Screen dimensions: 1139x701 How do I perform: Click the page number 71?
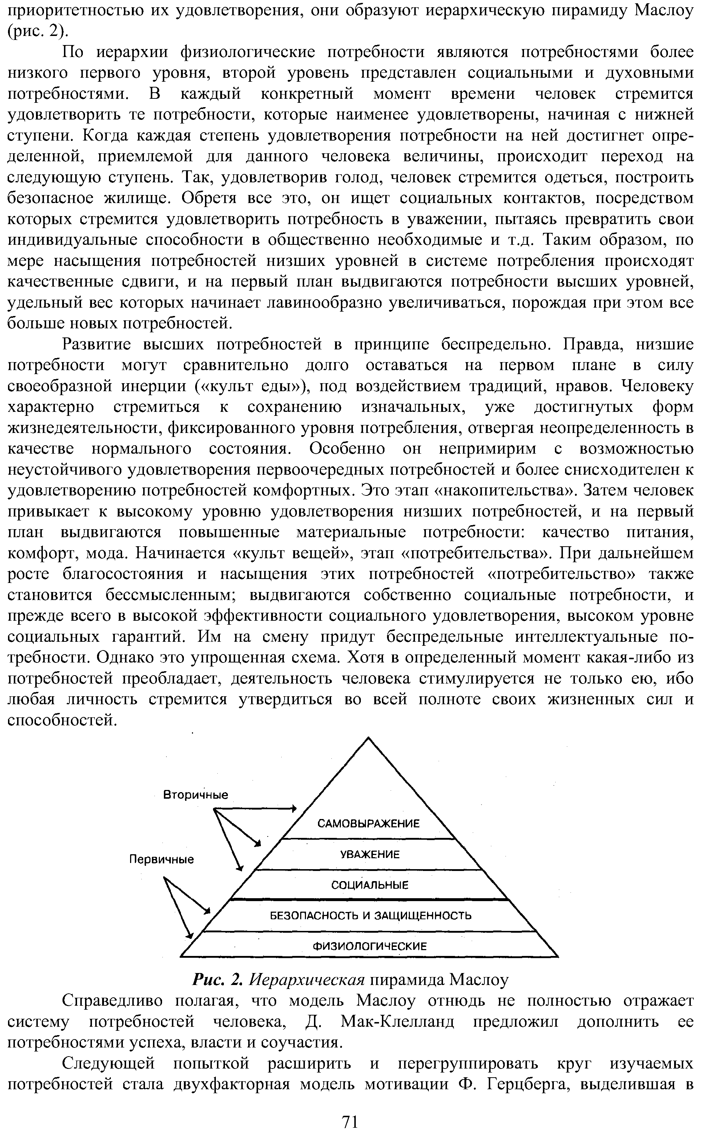(350, 1122)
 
